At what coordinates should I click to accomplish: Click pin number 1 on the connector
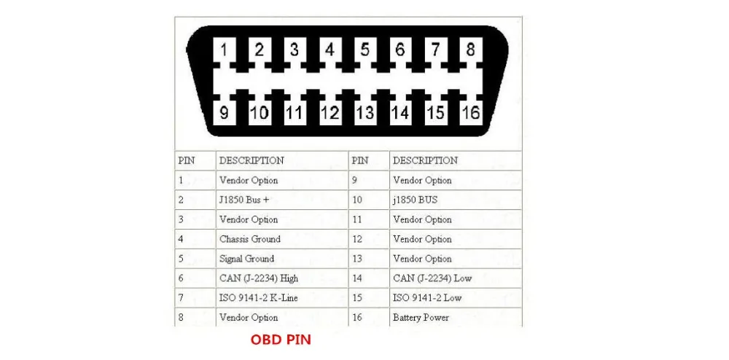pyautogui.click(x=224, y=51)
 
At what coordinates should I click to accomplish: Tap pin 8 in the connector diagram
pyautogui.click(x=471, y=51)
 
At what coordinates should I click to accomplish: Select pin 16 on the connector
pyautogui.click(x=471, y=113)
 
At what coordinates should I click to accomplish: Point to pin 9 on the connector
pyautogui.click(x=224, y=113)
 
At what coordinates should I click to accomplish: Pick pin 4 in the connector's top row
pyautogui.click(x=330, y=51)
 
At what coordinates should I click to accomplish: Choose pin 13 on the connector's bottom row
pyautogui.click(x=364, y=113)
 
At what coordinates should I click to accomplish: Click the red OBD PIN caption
pyautogui.click(x=281, y=340)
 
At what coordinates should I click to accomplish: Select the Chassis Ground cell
pyautogui.click(x=249, y=239)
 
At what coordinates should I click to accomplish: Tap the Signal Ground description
pyautogui.click(x=246, y=259)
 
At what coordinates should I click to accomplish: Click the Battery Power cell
pyautogui.click(x=421, y=318)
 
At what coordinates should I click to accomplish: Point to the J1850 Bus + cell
pyautogui.click(x=244, y=200)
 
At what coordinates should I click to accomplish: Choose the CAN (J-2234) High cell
pyautogui.click(x=258, y=278)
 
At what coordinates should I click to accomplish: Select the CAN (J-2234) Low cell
pyautogui.click(x=431, y=278)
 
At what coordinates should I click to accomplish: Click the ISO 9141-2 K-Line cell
pyautogui.click(x=258, y=298)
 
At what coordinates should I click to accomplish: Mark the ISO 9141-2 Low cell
pyautogui.click(x=426, y=298)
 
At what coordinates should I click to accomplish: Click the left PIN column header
pyautogui.click(x=187, y=160)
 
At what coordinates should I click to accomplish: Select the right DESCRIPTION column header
pyautogui.click(x=425, y=160)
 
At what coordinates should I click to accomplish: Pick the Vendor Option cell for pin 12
pyautogui.click(x=422, y=239)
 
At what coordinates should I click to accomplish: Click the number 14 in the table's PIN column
pyautogui.click(x=356, y=278)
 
